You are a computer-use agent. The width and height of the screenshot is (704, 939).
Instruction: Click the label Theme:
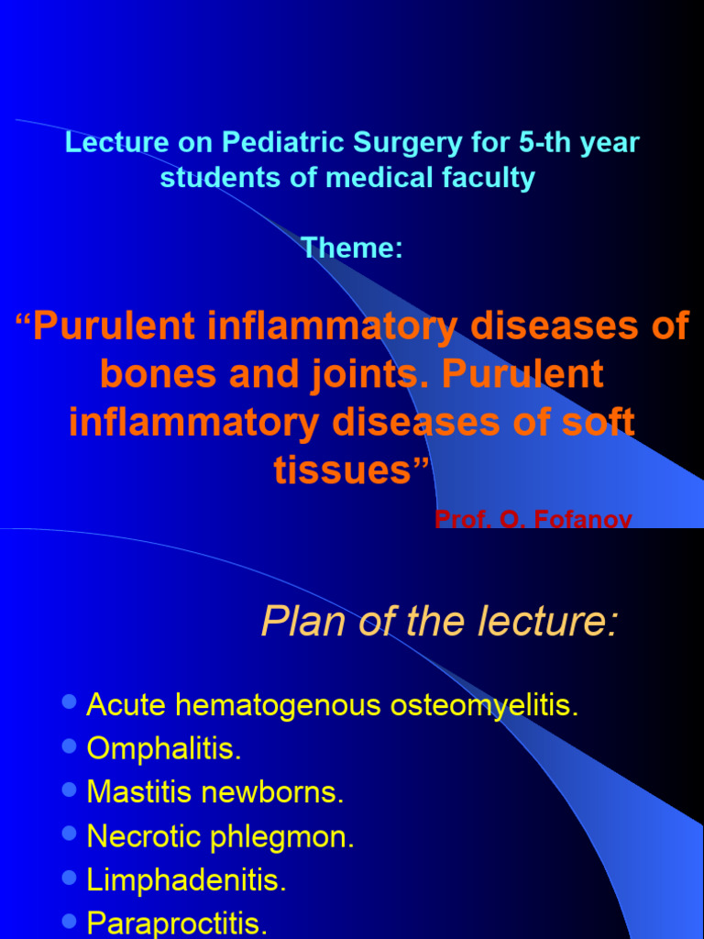352,248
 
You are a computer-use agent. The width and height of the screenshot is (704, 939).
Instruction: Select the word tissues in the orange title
346,469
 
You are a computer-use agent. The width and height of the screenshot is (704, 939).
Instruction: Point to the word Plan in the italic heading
296,623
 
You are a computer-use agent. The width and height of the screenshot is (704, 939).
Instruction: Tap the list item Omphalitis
164,749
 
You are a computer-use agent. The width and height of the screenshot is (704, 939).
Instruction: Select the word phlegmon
291,836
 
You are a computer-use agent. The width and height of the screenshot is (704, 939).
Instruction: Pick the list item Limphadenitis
186,880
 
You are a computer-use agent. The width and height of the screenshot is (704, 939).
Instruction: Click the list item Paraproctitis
177,923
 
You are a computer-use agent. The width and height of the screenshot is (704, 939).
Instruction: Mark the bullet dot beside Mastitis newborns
70,790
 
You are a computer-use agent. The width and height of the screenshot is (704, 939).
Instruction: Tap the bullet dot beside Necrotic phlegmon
70,834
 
